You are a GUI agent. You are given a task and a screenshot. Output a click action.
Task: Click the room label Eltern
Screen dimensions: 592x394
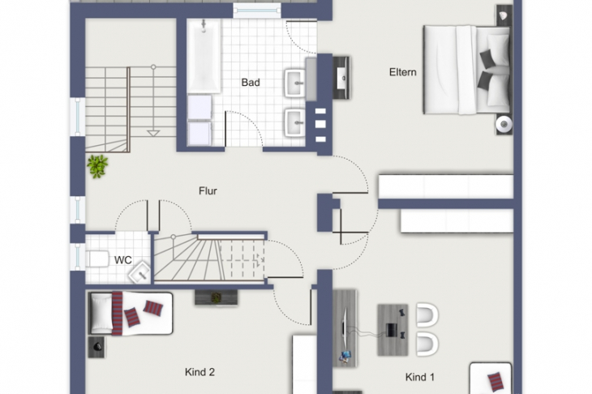403,72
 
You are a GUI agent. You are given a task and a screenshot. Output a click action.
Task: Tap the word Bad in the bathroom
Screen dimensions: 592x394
251,82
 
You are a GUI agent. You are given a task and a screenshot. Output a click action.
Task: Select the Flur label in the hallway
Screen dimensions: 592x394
208,191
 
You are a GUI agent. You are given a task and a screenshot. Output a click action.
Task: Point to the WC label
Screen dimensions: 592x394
123,260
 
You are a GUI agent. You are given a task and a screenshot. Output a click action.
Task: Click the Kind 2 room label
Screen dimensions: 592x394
199,372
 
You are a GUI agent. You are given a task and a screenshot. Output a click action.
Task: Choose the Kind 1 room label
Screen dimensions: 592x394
420,377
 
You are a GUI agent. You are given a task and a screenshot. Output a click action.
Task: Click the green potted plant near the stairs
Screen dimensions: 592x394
97,166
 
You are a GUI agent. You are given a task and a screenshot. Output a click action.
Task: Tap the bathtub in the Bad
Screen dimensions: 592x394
204,56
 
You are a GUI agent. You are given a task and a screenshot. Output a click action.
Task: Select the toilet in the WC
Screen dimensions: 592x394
98,259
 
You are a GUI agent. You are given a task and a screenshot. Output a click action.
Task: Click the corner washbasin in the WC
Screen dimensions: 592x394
140,272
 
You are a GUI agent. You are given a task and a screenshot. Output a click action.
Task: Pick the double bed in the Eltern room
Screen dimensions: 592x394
466,70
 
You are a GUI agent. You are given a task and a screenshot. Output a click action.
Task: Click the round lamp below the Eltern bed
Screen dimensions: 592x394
504,124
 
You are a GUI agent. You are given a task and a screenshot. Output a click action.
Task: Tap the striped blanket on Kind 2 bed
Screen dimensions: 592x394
117,313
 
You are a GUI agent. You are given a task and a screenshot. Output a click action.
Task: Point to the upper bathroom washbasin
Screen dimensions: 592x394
295,82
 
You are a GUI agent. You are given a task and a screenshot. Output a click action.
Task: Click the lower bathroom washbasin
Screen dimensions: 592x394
295,122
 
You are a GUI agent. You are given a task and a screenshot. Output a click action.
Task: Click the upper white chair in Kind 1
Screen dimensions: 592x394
427,315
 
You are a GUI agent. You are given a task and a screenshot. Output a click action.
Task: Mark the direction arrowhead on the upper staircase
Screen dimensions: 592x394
153,133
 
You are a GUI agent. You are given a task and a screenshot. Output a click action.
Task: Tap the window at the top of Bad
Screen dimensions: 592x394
257,11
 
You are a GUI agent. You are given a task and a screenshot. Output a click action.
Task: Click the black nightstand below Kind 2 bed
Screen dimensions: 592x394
97,347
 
